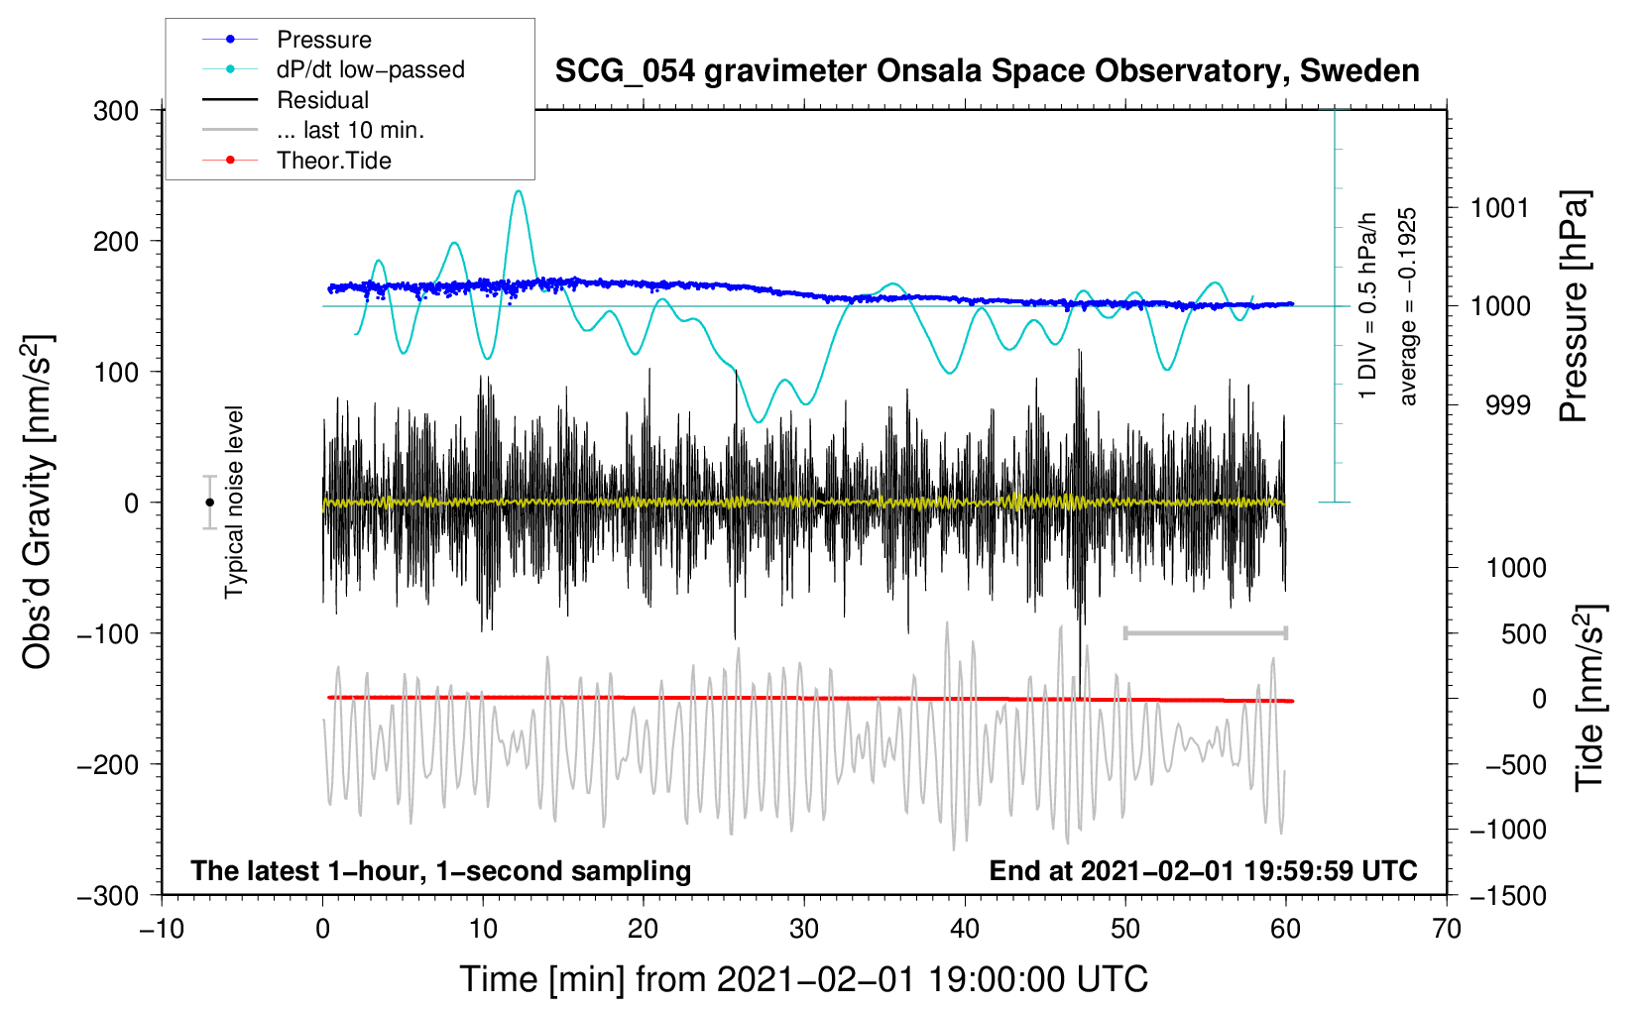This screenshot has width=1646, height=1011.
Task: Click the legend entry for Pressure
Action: tap(323, 40)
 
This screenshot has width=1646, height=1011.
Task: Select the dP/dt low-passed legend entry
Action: tap(370, 69)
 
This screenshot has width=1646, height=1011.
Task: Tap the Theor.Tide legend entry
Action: tap(333, 161)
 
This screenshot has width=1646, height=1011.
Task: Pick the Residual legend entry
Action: tap(322, 100)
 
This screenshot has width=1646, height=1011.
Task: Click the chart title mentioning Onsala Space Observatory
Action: tap(987, 71)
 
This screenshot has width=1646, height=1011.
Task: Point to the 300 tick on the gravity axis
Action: tap(116, 111)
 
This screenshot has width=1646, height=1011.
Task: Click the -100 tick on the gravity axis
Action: tap(109, 633)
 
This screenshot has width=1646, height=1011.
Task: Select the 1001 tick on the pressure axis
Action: tap(1499, 208)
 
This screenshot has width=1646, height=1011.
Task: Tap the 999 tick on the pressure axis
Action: tap(1507, 404)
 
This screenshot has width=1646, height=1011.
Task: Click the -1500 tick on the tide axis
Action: tap(1507, 895)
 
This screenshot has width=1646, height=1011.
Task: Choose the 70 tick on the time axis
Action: tap(1447, 929)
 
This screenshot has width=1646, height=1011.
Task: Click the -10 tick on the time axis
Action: tap(162, 929)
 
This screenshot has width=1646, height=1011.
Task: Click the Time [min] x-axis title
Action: tap(803, 979)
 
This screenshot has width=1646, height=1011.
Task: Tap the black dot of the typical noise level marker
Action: tap(209, 503)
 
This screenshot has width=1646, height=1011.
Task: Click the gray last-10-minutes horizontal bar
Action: tap(1205, 632)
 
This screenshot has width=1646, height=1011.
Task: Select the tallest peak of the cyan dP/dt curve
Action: tap(519, 191)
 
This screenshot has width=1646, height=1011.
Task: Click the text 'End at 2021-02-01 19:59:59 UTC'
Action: tap(1203, 870)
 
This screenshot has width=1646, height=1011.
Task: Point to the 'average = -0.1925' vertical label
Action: tap(1407, 306)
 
